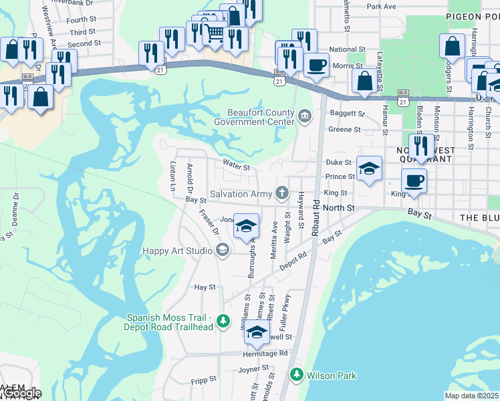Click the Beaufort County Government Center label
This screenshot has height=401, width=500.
coord(254,117)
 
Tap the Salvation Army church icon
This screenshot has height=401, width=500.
coord(283,194)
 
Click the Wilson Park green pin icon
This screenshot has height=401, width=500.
coord(297,375)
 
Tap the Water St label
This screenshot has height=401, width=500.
coord(236,167)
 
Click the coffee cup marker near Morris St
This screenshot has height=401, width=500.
coord(316,65)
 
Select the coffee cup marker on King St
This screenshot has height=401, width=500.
coord(414,180)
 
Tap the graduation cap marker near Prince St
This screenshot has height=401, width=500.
coord(369,168)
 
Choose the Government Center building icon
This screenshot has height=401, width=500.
coord(305,117)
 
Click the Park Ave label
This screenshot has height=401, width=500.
coord(381,6)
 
